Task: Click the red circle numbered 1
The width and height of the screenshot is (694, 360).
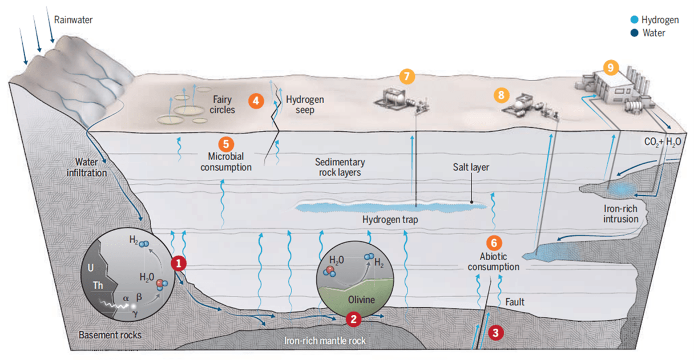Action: pos(179,264)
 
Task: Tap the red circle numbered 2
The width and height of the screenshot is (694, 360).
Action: pos(353,319)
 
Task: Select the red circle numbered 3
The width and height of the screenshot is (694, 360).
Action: pos(496,333)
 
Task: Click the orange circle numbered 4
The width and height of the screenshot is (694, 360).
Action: pos(256,101)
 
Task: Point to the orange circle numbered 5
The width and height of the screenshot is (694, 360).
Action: pos(226,144)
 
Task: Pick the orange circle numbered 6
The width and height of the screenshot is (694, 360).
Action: pos(494,243)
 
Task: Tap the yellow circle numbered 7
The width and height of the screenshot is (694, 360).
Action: pos(407,76)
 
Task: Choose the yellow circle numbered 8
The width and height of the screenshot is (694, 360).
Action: pos(501,95)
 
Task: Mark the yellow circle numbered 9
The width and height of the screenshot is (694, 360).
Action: pos(611,67)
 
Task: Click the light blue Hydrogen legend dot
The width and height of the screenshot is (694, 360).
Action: pos(635,19)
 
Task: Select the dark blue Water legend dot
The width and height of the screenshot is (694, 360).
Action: pos(635,33)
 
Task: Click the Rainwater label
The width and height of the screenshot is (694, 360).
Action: pos(74,20)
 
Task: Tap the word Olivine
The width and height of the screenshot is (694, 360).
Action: pos(361,300)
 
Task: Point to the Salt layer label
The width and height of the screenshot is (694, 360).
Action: pos(471,167)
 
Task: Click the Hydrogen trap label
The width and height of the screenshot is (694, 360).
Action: pos(390,220)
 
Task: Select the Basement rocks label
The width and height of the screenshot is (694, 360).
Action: pos(110,335)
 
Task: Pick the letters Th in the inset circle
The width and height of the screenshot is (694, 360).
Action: pos(98,285)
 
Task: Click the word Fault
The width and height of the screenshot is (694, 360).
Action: pos(515,302)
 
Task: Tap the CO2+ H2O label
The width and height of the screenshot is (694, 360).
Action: pos(663,142)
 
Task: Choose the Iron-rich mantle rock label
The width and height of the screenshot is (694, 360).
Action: pos(325,341)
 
